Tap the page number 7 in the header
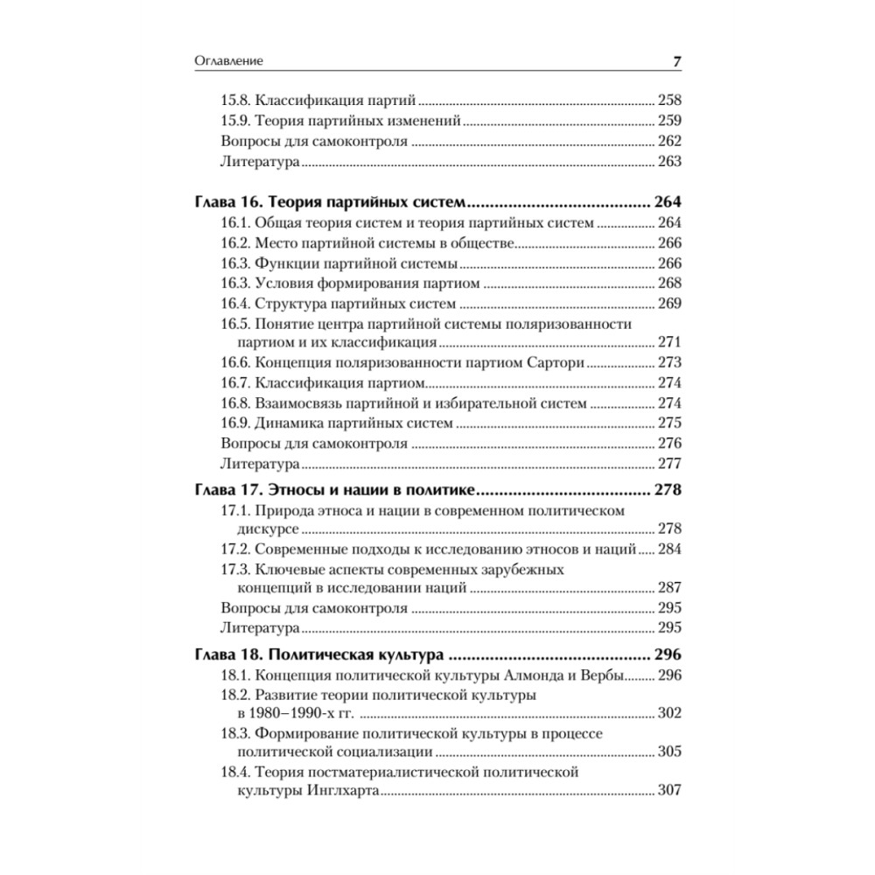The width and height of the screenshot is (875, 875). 676,61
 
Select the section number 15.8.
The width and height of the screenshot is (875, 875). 236,100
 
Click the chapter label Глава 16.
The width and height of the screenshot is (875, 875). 225,202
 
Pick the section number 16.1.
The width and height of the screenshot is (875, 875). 236,223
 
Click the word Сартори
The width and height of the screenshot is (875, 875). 556,363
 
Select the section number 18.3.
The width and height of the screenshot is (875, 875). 236,733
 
